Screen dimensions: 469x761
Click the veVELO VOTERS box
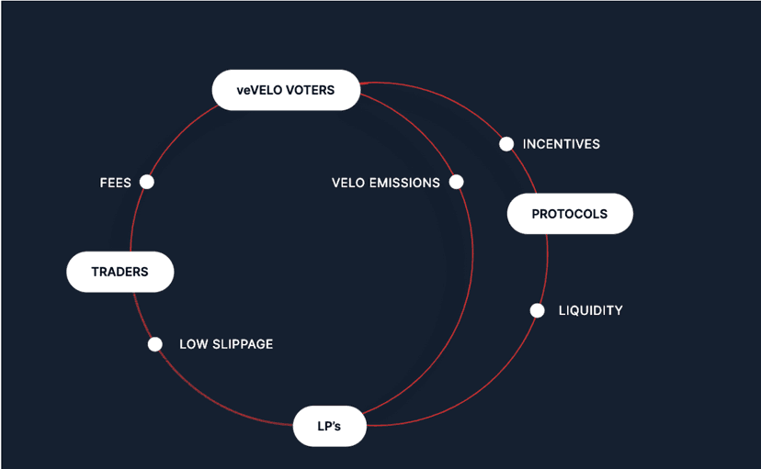286,90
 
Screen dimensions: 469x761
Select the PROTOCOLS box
570,214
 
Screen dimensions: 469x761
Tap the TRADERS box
120,272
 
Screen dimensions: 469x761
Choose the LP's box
330,426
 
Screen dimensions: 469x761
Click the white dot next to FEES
146,182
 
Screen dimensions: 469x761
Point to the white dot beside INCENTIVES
506,144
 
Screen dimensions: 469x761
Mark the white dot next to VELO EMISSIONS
456,182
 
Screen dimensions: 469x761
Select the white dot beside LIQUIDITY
538,310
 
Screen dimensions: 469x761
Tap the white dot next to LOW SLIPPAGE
155,344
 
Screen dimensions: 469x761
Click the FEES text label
116,183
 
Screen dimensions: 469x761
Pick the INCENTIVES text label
562,144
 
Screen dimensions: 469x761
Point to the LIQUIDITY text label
591,310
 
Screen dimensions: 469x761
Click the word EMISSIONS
405,183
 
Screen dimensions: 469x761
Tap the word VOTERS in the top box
307,90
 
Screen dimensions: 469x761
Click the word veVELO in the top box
257,90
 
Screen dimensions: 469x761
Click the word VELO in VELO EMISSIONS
348,183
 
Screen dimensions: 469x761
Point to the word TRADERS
120,272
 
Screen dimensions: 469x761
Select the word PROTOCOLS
570,214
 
